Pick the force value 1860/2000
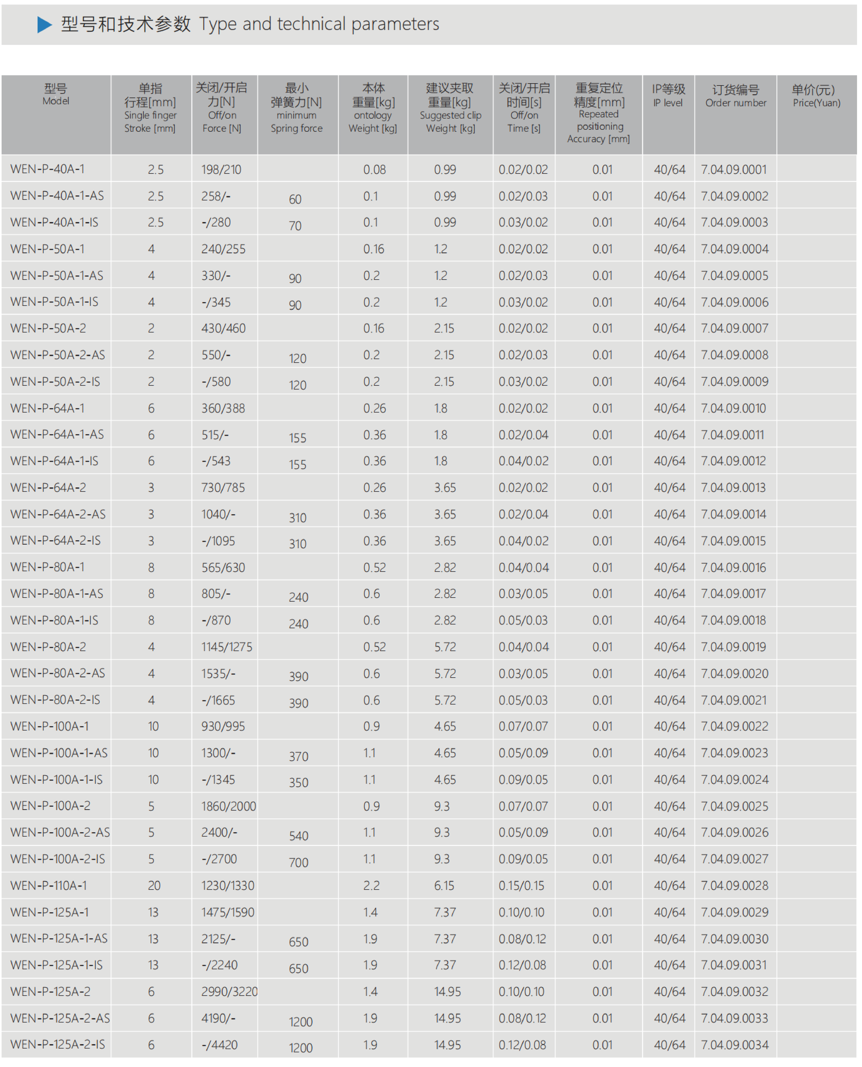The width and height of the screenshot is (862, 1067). (x=228, y=806)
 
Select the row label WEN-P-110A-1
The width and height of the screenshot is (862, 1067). (x=49, y=885)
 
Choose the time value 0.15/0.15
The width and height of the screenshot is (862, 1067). (x=521, y=885)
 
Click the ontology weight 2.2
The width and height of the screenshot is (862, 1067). (x=371, y=885)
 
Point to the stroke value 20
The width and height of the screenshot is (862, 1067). (x=154, y=885)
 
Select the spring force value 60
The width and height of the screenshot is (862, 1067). (x=295, y=199)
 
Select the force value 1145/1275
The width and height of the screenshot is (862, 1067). (x=226, y=647)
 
